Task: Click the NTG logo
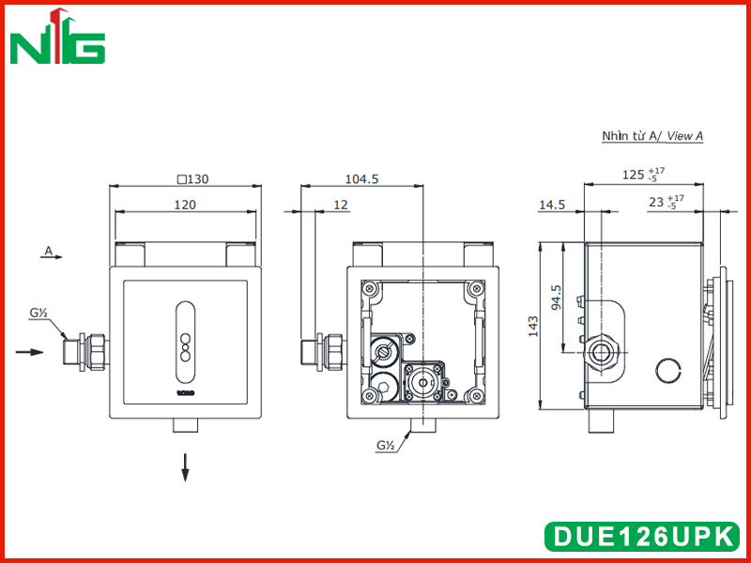point(57,36)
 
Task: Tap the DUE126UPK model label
point(643,536)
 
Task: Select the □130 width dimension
point(193,179)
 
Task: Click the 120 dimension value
point(185,205)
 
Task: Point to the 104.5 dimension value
point(361,179)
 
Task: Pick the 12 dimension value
point(340,205)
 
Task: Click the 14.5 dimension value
point(552,205)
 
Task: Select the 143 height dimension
point(533,326)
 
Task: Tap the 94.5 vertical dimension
point(557,297)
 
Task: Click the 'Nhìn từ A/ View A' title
point(652,136)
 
